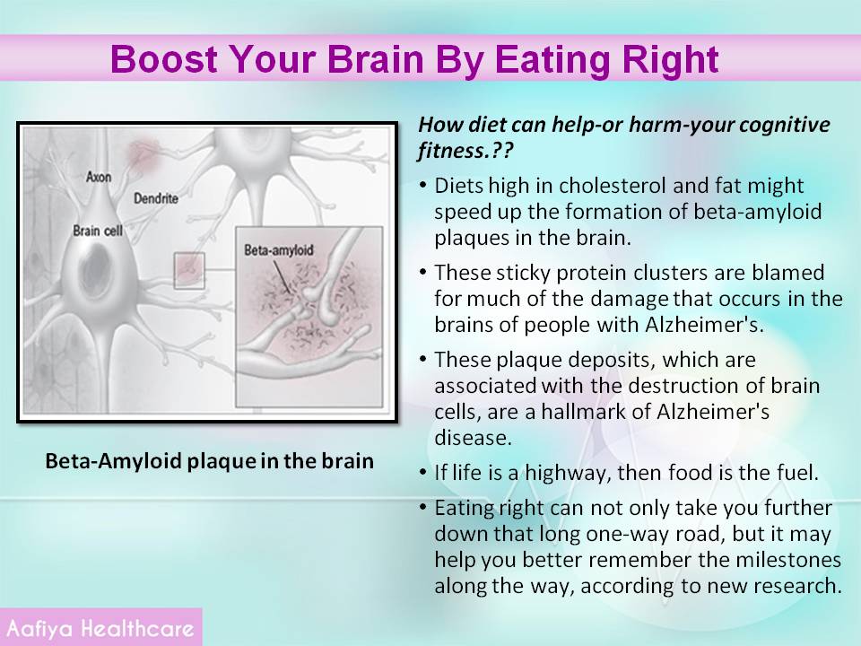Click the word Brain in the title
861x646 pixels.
[x=376, y=59]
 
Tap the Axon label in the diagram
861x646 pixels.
[x=99, y=177]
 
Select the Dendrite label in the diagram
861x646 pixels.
[x=156, y=198]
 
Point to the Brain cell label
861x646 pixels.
[x=98, y=231]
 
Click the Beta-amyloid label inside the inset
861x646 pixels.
[x=278, y=250]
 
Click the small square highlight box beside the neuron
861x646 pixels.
[x=189, y=271]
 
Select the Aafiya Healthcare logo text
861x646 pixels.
[x=100, y=628]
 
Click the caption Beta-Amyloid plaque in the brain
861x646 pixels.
[x=209, y=460]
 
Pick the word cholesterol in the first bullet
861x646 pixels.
[x=613, y=186]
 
